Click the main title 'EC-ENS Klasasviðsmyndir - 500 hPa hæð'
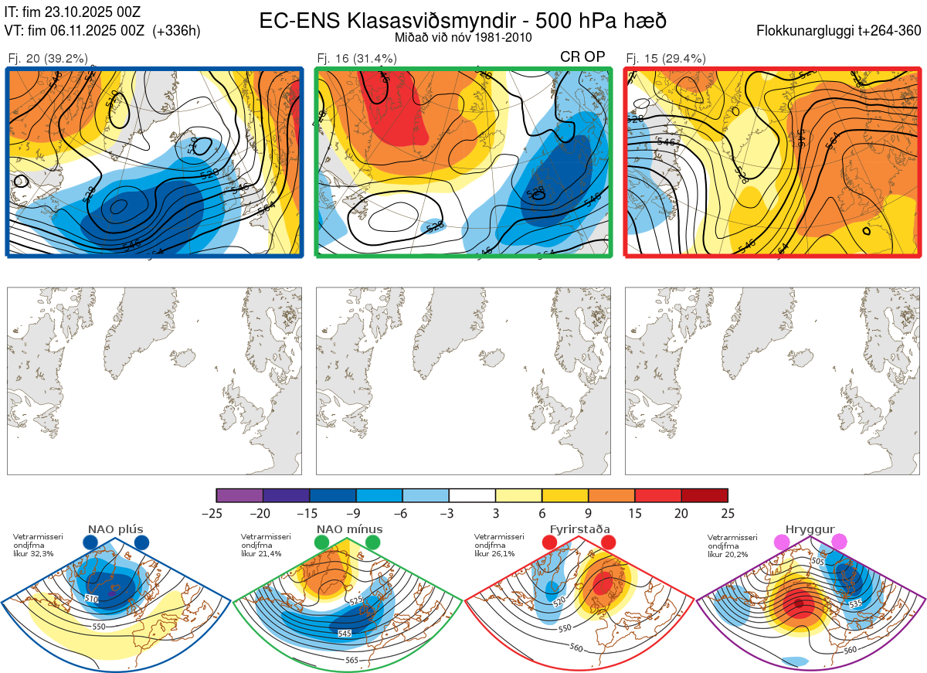click(x=463, y=21)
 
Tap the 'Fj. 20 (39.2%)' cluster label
click(x=48, y=58)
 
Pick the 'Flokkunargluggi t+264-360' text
click(x=840, y=31)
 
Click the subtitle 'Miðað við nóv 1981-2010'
click(x=463, y=37)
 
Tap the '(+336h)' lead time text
click(x=177, y=31)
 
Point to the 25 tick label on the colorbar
click(x=728, y=513)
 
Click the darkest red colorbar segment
click(x=705, y=495)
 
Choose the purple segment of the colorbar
click(x=239, y=495)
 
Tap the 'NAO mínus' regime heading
click(x=349, y=529)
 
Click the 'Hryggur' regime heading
click(x=810, y=529)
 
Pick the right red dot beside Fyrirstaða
click(x=608, y=542)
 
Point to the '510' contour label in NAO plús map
click(x=92, y=598)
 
